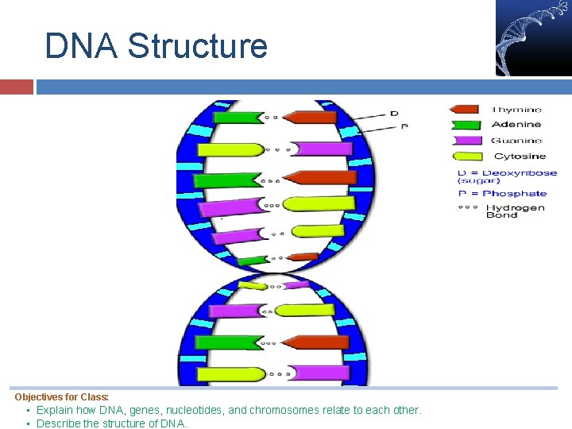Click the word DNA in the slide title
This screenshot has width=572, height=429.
click(x=81, y=46)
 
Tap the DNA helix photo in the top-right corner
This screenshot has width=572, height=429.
click(x=532, y=37)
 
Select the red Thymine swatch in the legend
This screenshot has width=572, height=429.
click(x=466, y=110)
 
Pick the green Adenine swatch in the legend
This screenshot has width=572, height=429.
click(x=466, y=124)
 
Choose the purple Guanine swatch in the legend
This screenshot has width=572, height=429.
click(x=466, y=141)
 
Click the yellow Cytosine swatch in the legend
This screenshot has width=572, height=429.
click(x=466, y=156)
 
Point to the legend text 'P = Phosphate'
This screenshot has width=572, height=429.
click(x=502, y=193)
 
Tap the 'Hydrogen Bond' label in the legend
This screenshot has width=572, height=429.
click(x=515, y=211)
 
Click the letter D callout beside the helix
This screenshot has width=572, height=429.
click(x=394, y=114)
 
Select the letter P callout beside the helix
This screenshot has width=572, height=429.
click(x=404, y=126)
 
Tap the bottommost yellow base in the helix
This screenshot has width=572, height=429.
click(x=230, y=373)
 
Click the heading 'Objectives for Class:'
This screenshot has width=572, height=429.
click(x=62, y=396)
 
